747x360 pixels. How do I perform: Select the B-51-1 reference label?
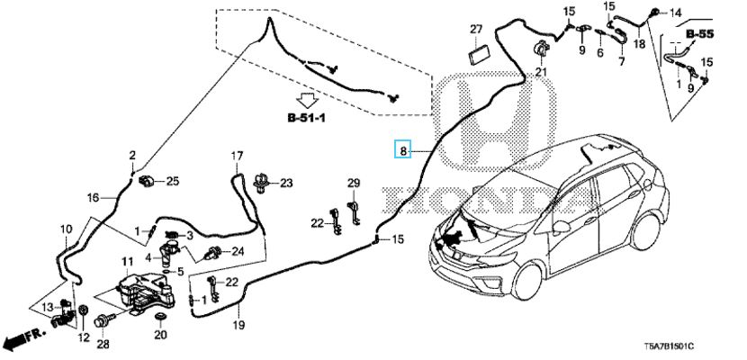point(309,116)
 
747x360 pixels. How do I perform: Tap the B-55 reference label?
point(699,34)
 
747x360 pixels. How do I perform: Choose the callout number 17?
point(237,156)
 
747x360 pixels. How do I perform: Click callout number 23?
point(286,183)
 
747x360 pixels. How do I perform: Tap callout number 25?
point(173,181)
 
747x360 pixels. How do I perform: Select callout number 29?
point(354,184)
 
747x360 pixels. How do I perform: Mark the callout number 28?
point(103,344)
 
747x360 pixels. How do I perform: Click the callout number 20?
point(160,336)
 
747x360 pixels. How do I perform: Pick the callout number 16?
point(92,198)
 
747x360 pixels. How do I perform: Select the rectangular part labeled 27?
point(477,51)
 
